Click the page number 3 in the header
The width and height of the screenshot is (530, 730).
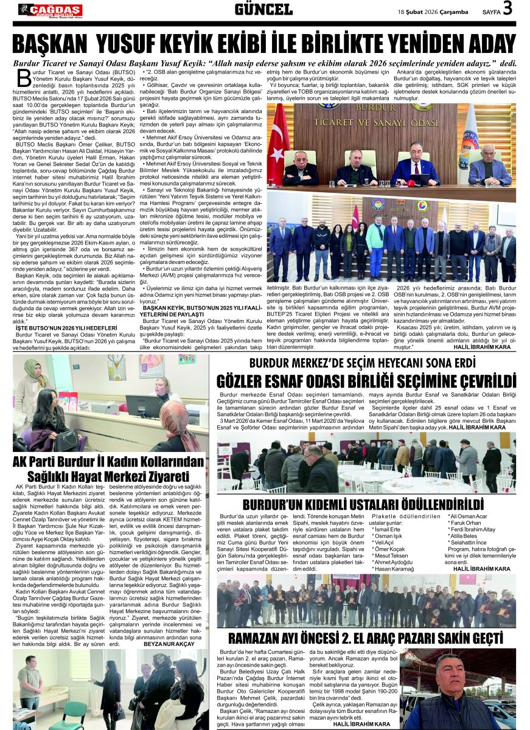507,9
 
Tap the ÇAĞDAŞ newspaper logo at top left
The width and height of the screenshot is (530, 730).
50,10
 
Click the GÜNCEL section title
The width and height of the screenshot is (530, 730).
263,9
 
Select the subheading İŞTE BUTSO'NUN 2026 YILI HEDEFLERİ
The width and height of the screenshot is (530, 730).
57,327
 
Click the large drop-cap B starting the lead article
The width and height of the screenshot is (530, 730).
24,78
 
